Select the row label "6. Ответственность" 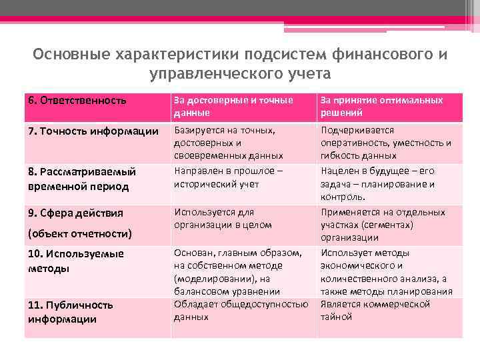pos(77,101)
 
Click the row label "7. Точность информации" pos(93,131)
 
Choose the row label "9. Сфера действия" pos(75,213)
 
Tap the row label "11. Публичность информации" pos(71,311)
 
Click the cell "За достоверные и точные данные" pos(233,107)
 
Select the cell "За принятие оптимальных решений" pos(381,107)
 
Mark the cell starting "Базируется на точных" pos(228,143)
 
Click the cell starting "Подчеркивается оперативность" pos(386,143)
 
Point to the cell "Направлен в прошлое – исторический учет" pos(228,177)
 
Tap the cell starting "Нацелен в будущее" pos(377,183)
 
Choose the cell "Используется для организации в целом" pos(223,219)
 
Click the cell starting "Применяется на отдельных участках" pos(383,225)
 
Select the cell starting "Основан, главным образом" pos(238,272)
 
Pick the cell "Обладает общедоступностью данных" pos(241,310)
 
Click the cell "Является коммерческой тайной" pos(375,310)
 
